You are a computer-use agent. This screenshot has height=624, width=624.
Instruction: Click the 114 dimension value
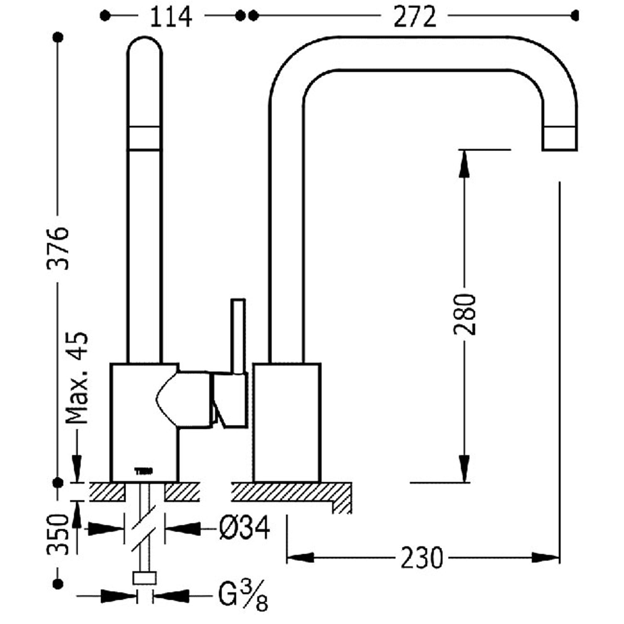click(171, 17)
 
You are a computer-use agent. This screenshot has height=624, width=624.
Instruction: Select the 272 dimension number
click(415, 17)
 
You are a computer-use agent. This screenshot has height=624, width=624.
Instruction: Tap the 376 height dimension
click(57, 248)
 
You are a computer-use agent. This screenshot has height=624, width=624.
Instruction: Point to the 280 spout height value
click(465, 314)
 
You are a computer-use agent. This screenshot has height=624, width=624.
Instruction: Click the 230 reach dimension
click(422, 558)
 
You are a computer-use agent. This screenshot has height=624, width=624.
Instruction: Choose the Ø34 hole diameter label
click(244, 527)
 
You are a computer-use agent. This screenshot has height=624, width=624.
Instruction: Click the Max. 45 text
click(77, 378)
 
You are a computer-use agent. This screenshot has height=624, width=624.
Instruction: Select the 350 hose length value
click(57, 535)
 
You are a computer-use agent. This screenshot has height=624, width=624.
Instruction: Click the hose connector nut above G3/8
click(144, 578)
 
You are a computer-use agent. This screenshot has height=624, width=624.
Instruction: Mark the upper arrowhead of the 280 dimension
click(464, 163)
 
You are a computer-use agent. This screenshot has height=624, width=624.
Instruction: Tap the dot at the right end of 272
click(575, 16)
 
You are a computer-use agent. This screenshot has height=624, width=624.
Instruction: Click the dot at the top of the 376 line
click(59, 37)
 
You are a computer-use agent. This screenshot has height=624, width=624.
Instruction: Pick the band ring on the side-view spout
click(144, 138)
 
